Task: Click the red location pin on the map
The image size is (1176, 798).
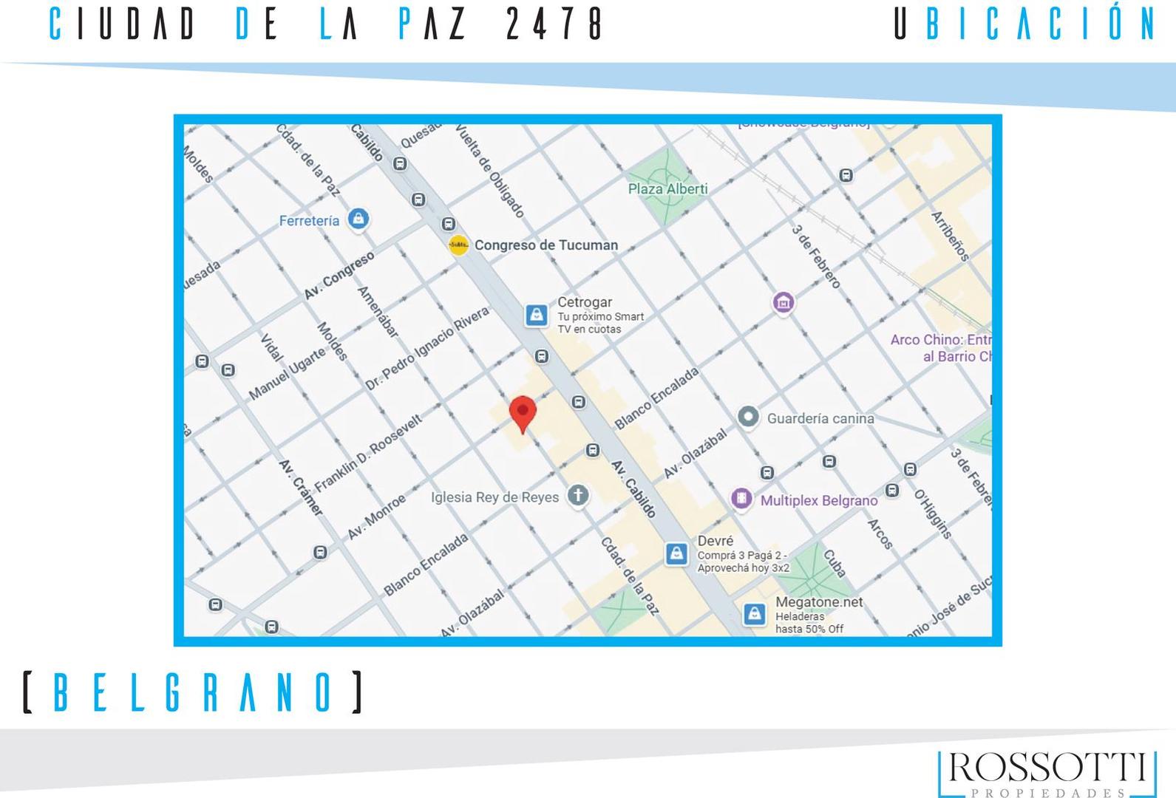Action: click(523, 412)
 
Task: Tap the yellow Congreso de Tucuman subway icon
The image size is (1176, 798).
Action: click(458, 245)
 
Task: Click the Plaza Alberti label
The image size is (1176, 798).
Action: click(667, 189)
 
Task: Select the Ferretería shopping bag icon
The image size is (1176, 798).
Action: click(358, 219)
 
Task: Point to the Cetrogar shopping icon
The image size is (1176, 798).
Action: click(537, 315)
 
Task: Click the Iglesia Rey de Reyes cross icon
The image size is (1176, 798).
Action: click(578, 496)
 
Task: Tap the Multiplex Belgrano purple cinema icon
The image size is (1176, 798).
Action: click(741, 499)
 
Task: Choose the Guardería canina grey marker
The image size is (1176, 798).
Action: click(748, 417)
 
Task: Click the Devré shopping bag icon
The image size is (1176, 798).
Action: click(676, 553)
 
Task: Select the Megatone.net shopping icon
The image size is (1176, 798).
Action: click(754, 613)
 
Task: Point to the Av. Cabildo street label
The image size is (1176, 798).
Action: click(633, 488)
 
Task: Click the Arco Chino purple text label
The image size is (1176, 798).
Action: click(940, 348)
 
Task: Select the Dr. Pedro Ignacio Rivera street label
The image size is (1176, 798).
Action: click(426, 349)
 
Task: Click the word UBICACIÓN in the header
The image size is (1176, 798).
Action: click(1024, 24)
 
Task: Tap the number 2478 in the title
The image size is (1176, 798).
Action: click(554, 24)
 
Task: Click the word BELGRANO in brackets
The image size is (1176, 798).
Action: click(193, 692)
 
